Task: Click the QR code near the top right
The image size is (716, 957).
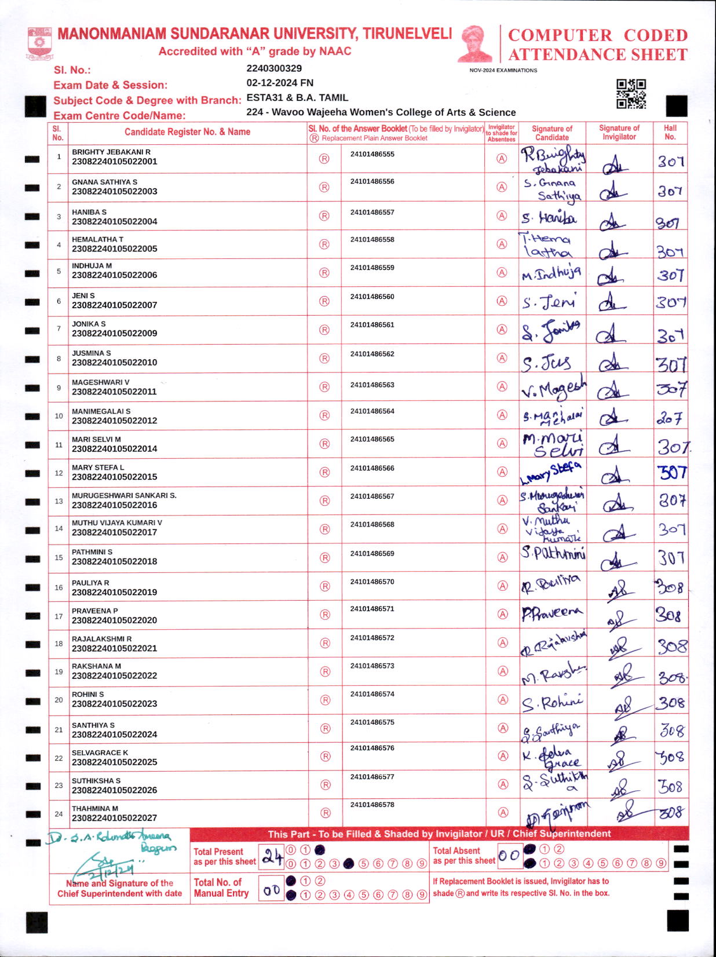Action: point(631,94)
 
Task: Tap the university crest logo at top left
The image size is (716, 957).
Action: point(39,44)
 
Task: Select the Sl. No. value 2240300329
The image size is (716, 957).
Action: point(274,68)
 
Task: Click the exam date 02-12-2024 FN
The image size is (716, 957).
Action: point(280,83)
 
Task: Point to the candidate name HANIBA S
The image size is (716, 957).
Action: point(89,212)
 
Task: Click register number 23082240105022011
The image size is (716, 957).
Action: point(114,392)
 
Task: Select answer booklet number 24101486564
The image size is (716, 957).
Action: point(372,411)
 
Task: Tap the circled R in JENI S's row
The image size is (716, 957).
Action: point(324,301)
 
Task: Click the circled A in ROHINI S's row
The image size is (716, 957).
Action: point(503,700)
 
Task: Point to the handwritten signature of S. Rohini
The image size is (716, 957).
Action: point(553,703)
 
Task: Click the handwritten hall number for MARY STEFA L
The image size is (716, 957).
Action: point(672,473)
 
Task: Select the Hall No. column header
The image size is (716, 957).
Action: point(670,132)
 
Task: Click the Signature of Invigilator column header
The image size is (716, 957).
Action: point(619,132)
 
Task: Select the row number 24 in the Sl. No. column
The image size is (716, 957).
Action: point(59,814)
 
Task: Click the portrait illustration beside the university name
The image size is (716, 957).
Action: point(474,43)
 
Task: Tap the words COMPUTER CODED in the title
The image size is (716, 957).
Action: point(597,35)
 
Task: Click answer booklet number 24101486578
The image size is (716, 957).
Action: point(372,805)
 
